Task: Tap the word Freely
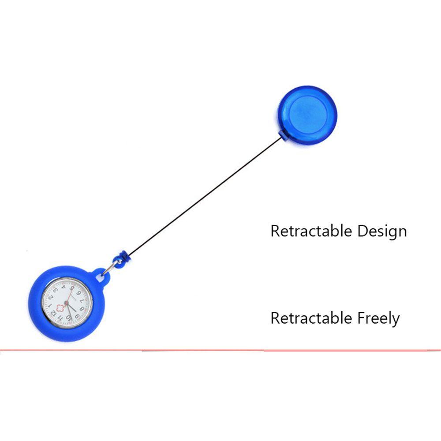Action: pos(378,319)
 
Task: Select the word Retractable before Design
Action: pos(311,231)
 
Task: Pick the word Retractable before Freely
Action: pos(311,318)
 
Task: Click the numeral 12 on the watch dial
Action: pos(53,313)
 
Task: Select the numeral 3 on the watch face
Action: pos(56,291)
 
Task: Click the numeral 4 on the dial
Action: pos(63,287)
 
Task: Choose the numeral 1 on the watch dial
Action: pos(50,305)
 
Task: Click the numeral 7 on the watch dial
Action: pos(82,301)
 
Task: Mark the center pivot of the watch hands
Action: pos(67,303)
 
